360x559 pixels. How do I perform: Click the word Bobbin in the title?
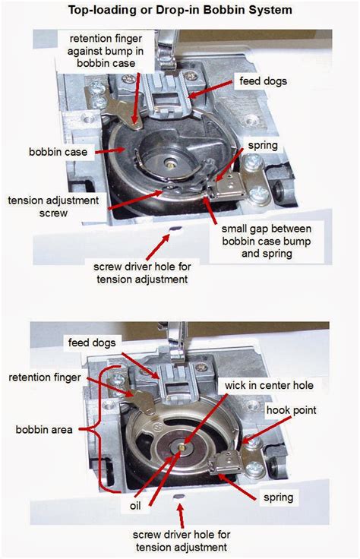click(x=217, y=10)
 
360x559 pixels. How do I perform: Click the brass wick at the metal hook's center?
click(x=179, y=449)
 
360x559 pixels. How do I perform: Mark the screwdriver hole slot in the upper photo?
click(x=175, y=227)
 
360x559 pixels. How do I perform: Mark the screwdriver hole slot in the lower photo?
click(x=179, y=494)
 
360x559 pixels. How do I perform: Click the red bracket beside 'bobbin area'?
click(x=97, y=429)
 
